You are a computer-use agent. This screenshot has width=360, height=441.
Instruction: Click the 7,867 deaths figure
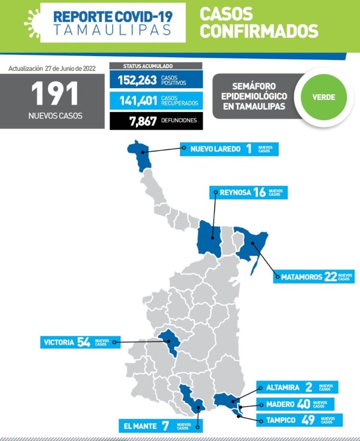143,121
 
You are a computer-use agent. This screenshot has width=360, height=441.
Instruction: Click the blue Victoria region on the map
169,342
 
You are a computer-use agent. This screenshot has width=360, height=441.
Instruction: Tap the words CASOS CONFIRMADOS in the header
259,23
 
